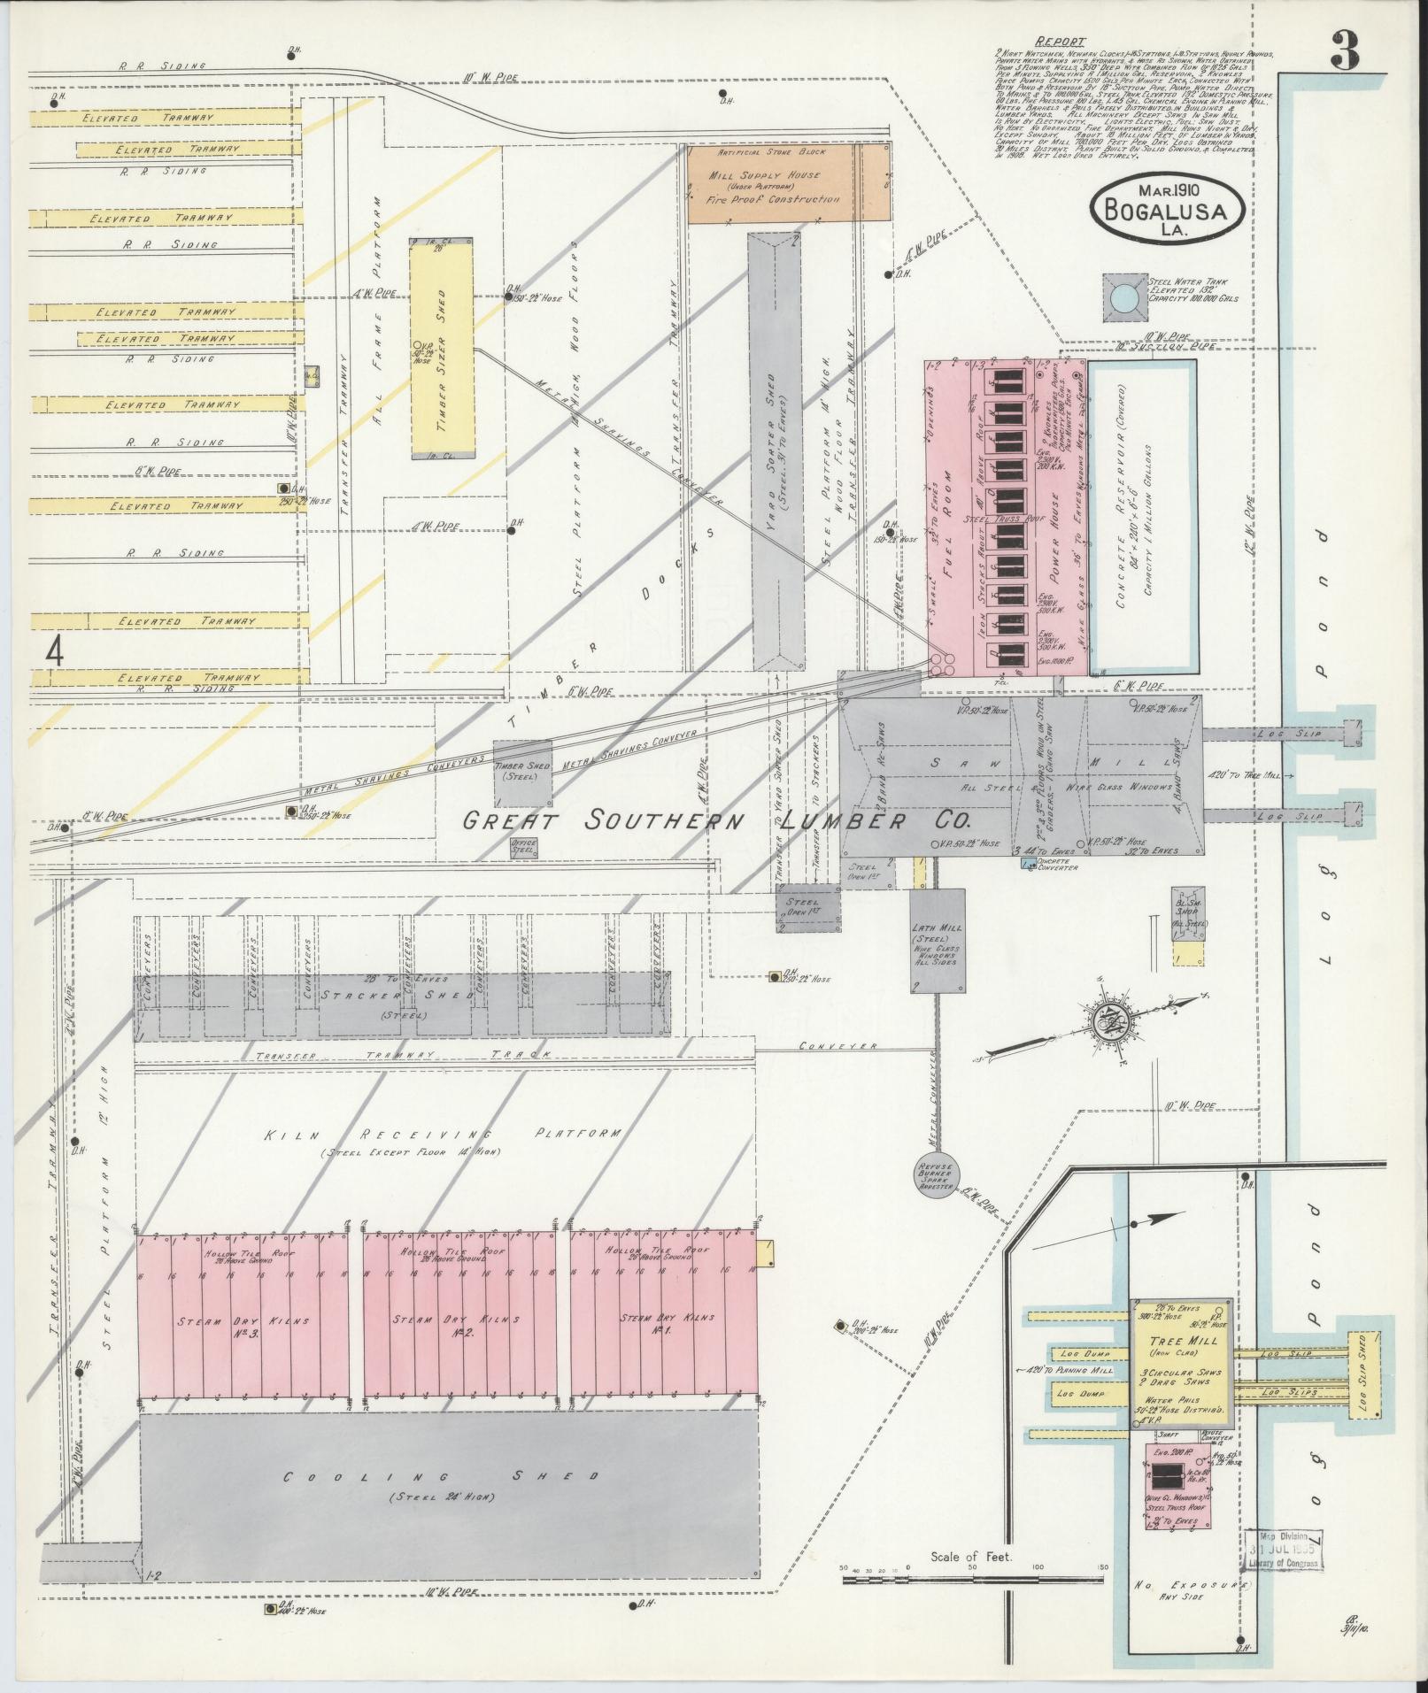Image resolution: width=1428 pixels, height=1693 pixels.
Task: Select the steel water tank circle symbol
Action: point(1125,296)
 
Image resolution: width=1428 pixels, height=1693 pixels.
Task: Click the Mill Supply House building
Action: point(789,184)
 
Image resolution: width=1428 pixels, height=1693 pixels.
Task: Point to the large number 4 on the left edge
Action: point(56,652)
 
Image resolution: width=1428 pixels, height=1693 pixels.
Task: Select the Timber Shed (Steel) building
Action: point(523,773)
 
